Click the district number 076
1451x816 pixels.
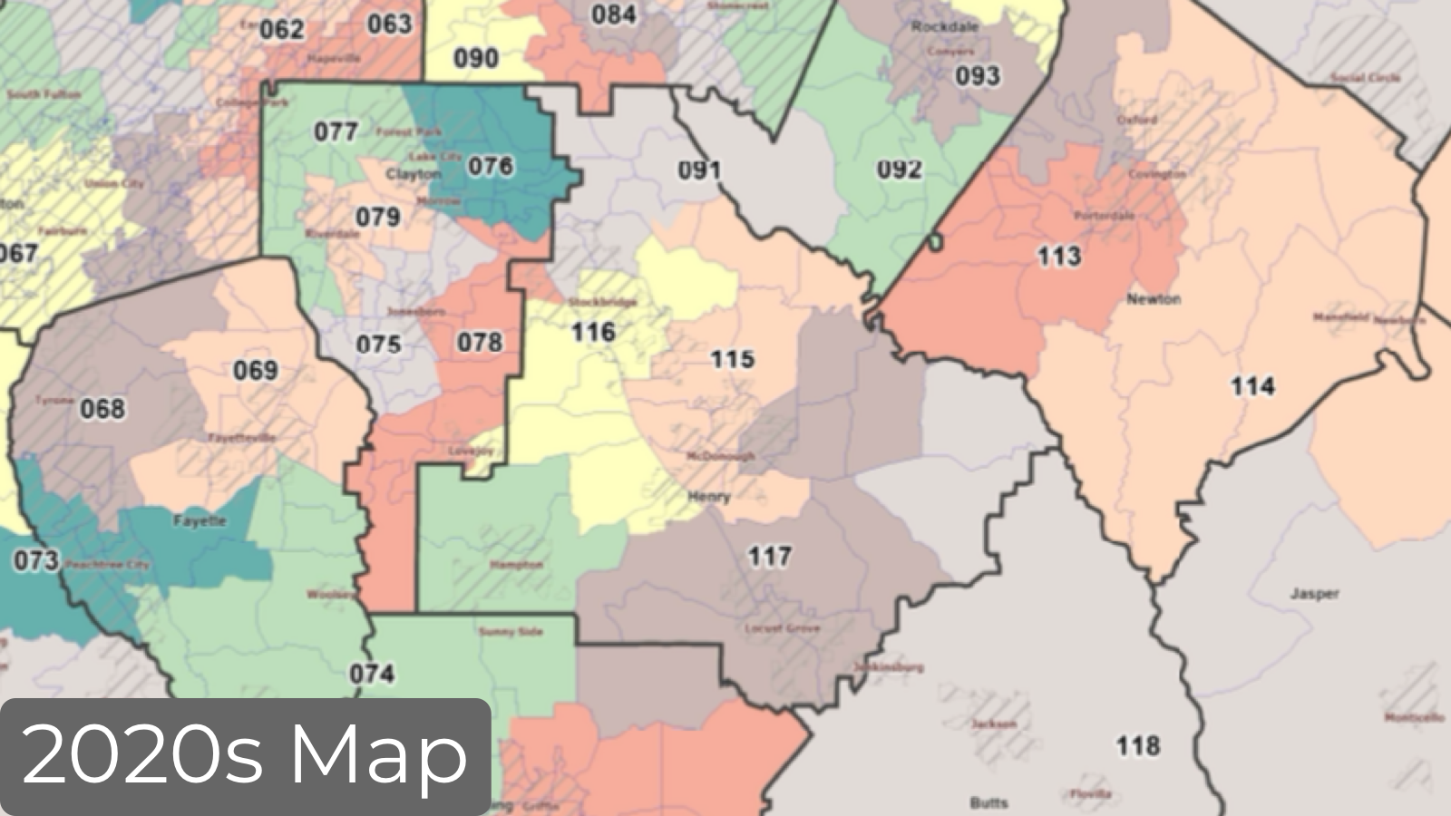coord(491,166)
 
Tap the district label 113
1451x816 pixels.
coord(1058,257)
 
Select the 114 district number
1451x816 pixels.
coord(1252,387)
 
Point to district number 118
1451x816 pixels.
coord(1137,746)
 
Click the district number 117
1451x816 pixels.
coord(769,556)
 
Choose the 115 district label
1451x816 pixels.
coord(732,359)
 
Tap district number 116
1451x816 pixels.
coord(593,333)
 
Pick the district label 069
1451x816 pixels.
coord(256,370)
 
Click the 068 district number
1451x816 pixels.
coord(102,409)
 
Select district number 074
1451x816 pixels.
coord(372,674)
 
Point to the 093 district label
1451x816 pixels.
coord(978,76)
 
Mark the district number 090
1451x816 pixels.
coord(475,59)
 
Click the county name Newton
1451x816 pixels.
coord(1154,299)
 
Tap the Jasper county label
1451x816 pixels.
coord(1314,595)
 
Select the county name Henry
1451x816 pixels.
coord(709,497)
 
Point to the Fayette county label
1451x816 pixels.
coord(200,521)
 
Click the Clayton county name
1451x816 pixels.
coord(414,174)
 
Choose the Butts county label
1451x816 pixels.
coord(988,802)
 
